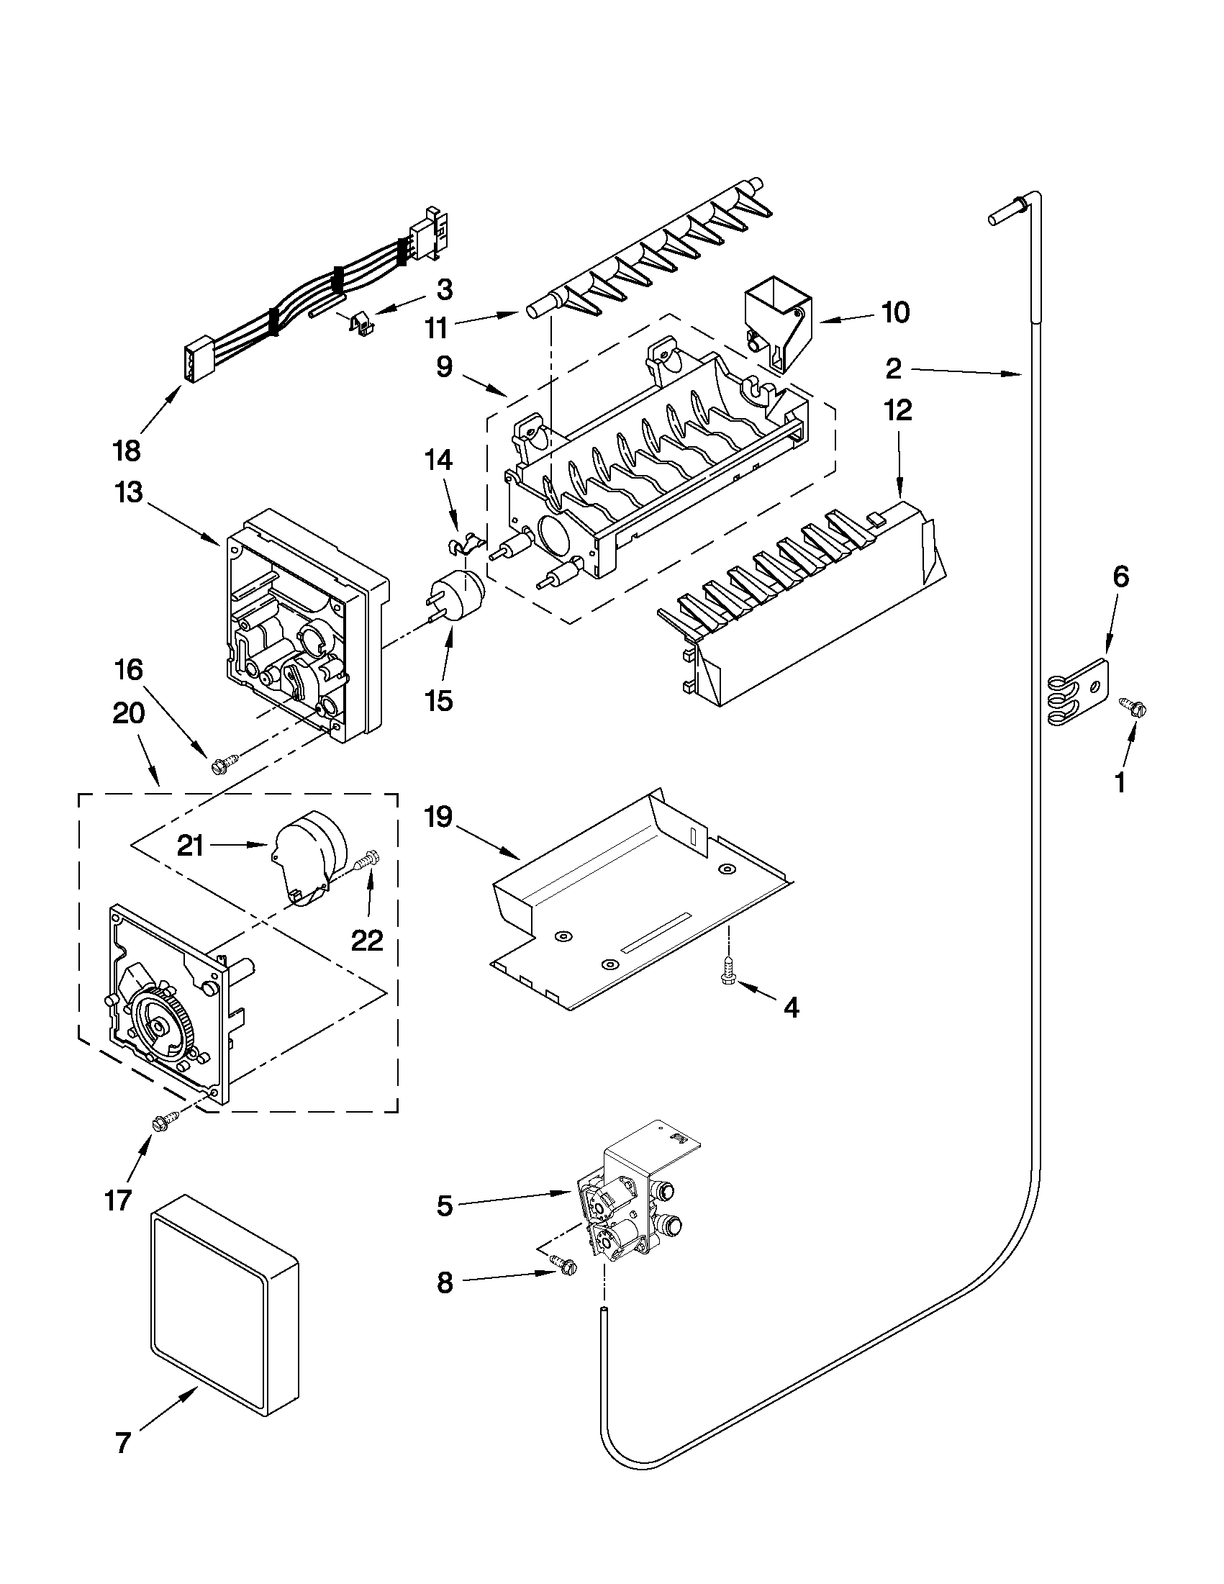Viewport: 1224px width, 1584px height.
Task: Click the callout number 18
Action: click(126, 451)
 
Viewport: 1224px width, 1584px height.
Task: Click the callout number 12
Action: click(898, 411)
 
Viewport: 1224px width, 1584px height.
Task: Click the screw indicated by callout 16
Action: click(222, 764)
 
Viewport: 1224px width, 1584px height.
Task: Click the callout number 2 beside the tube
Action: click(893, 369)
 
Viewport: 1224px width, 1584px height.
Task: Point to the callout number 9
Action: click(445, 367)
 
